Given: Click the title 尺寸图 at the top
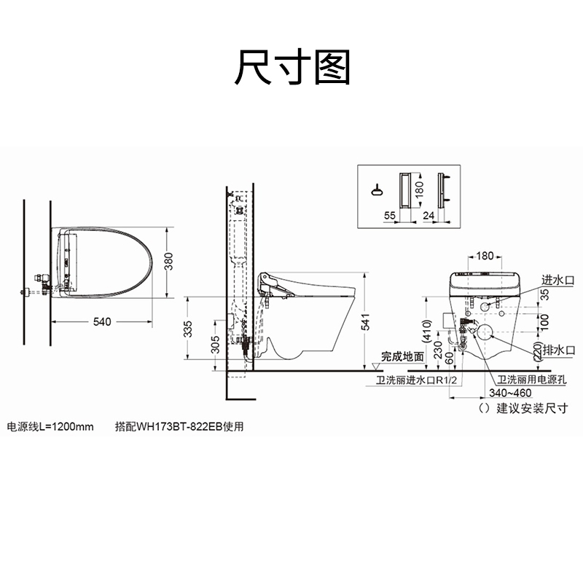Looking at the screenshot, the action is (x=292, y=67).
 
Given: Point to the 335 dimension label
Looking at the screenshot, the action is (x=187, y=328).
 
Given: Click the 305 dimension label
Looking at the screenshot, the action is (x=215, y=344).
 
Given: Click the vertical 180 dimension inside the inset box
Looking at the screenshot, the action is (x=418, y=189).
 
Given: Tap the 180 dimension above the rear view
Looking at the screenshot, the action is (x=485, y=256).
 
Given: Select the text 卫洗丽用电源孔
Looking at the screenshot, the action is (x=534, y=380).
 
